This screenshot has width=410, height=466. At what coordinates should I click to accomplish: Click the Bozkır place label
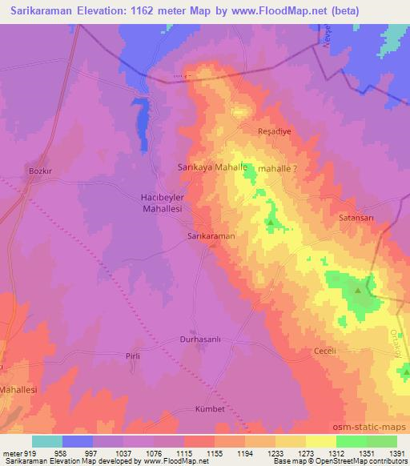(x=40, y=171)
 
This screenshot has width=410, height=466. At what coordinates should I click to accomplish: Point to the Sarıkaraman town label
(x=211, y=237)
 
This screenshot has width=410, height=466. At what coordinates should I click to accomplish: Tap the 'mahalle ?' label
(x=278, y=169)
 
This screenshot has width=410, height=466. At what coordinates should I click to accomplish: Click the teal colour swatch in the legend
(x=47, y=441)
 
